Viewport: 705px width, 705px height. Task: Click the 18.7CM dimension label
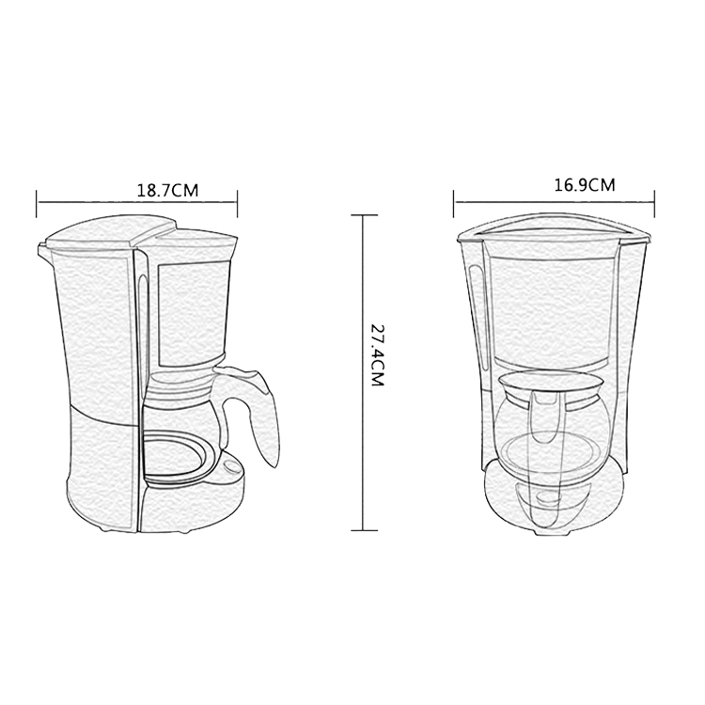coord(167,190)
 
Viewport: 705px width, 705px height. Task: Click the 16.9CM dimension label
coord(584,185)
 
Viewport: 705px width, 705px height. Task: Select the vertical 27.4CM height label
coord(376,355)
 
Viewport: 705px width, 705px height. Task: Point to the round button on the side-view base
coord(232,467)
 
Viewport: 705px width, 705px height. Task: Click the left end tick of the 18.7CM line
coord(37,203)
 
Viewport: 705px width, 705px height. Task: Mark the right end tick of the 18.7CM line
coord(238,203)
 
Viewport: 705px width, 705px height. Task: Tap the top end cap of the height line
coord(364,215)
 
